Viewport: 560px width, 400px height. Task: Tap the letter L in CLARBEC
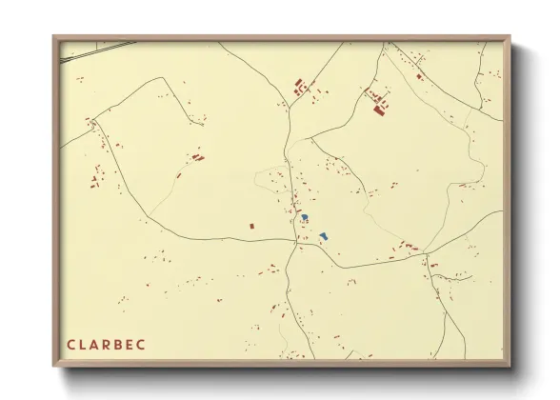click(83, 343)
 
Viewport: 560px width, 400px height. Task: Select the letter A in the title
click(96, 343)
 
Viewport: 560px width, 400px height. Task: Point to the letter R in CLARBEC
click(110, 343)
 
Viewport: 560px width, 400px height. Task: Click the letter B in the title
click(122, 343)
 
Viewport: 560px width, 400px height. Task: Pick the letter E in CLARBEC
click(134, 343)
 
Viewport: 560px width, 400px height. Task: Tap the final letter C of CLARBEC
click(147, 343)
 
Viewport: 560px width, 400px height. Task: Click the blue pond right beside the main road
click(304, 218)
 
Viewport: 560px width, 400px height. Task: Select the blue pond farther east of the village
click(324, 234)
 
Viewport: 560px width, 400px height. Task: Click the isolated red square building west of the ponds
click(251, 226)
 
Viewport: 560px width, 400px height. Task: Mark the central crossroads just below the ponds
click(297, 244)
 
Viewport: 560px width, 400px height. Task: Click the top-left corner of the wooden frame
click(54, 38)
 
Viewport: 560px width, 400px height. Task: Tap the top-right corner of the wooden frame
click(509, 38)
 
